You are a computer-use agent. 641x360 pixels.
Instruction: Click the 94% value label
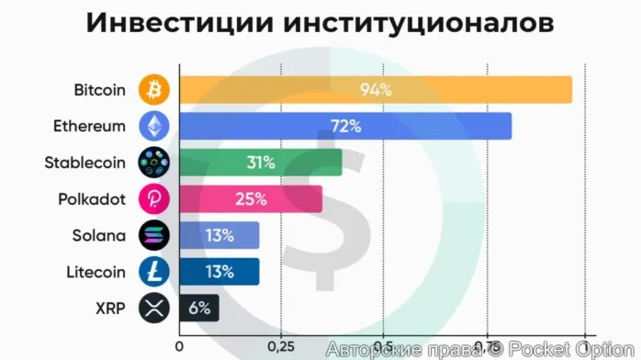coord(376,90)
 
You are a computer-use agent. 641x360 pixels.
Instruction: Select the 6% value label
coord(199,308)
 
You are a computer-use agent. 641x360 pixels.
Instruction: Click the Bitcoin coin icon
coord(153,90)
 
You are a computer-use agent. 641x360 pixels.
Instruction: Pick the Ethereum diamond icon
coord(153,126)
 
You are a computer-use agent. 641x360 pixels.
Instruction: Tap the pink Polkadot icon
coord(153,198)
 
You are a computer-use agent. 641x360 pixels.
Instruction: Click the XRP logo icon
coord(153,308)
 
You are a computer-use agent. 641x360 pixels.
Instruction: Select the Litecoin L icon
coord(153,271)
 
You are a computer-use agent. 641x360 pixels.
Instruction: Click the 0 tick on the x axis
coord(179,346)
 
